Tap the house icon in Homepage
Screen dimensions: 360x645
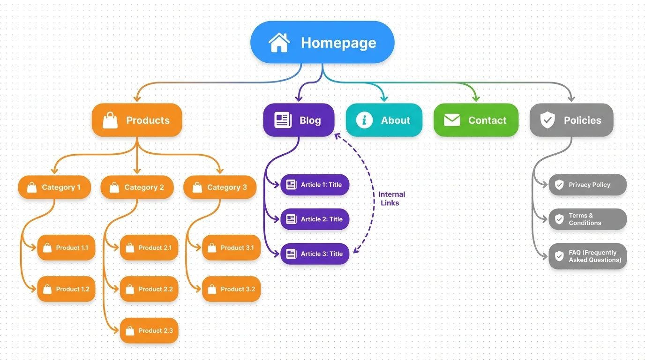tap(279, 42)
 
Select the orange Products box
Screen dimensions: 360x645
tap(137, 120)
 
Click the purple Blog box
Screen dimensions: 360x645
tap(299, 120)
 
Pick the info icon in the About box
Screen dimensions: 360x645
tap(364, 120)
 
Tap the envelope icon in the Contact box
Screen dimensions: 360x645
tap(451, 120)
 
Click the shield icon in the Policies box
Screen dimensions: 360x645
tap(547, 120)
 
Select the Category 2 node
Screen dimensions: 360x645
tap(137, 187)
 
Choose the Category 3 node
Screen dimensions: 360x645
tap(220, 187)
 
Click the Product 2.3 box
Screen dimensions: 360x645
tap(149, 330)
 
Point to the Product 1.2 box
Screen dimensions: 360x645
tap(66, 289)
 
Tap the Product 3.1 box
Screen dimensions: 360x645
tap(231, 247)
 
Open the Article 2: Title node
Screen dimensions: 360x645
tap(315, 219)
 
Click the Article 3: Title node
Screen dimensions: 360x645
tap(315, 254)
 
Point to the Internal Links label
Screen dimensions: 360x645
tap(391, 198)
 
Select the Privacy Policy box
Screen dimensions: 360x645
tap(587, 185)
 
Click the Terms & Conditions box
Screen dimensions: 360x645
tap(587, 219)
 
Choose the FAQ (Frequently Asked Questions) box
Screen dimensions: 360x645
tap(587, 256)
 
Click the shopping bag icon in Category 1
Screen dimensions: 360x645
tap(32, 187)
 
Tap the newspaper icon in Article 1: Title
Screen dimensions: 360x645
tap(292, 185)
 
